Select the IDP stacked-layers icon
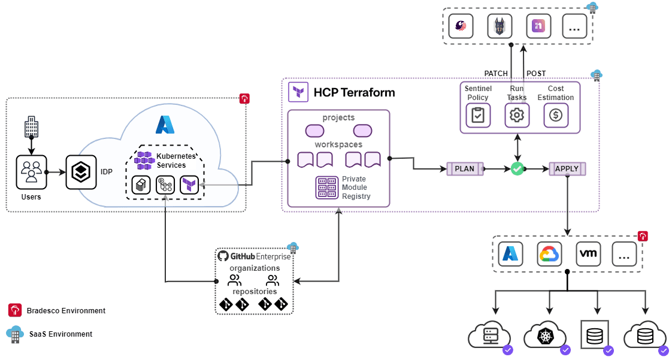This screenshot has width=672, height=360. tap(81, 172)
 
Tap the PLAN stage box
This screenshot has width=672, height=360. tap(465, 169)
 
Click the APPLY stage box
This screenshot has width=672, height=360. tap(567, 169)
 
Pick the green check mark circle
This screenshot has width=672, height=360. tap(517, 169)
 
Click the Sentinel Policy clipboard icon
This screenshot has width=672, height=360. tap(478, 115)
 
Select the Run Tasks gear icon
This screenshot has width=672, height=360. tap(517, 115)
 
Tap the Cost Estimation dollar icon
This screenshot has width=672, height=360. tap(556, 115)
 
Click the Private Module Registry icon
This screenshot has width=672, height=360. tap(327, 187)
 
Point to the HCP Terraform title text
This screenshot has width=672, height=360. tap(354, 92)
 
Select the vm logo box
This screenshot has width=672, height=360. tap(588, 254)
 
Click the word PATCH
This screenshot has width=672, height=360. tap(496, 74)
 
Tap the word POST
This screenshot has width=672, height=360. tap(536, 74)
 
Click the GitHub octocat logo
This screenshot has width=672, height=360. tap(223, 256)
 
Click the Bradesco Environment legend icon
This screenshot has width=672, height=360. tap(15, 310)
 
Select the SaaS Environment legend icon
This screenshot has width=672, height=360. tap(15, 333)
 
